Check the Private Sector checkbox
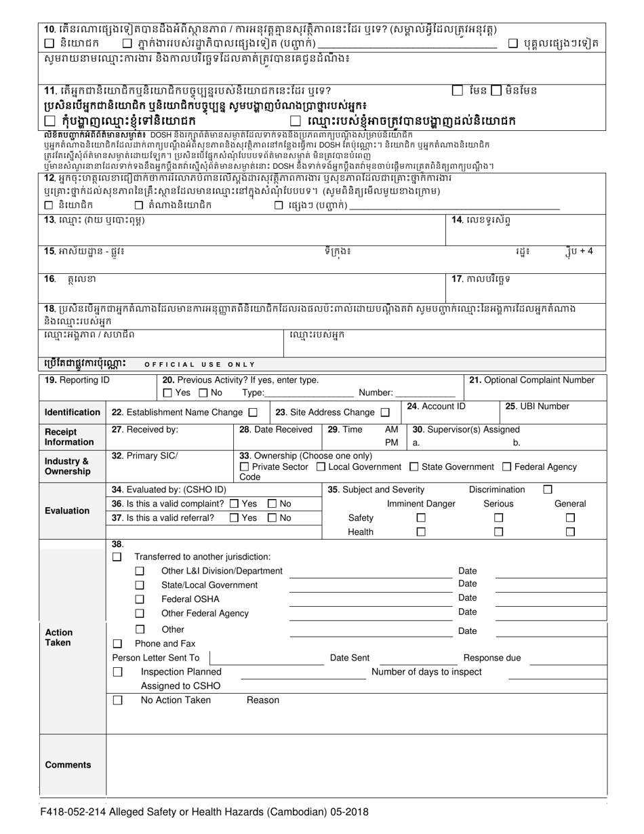click(x=244, y=466)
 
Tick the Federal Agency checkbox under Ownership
click(x=506, y=466)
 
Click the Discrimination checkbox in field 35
click(x=548, y=489)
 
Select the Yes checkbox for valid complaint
click(x=234, y=504)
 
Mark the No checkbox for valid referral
click(x=272, y=518)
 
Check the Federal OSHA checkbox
click(x=140, y=599)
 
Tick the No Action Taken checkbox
click(x=117, y=700)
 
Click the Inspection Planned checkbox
click(x=117, y=671)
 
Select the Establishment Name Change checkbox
click(x=253, y=412)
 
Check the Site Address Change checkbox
click(x=385, y=412)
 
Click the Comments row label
click(x=68, y=765)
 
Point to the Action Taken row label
click(x=58, y=637)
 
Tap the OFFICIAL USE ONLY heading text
click(x=201, y=365)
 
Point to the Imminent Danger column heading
click(x=421, y=504)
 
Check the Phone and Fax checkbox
click(x=117, y=643)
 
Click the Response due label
click(x=491, y=658)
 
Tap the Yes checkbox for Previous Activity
click(x=167, y=393)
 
